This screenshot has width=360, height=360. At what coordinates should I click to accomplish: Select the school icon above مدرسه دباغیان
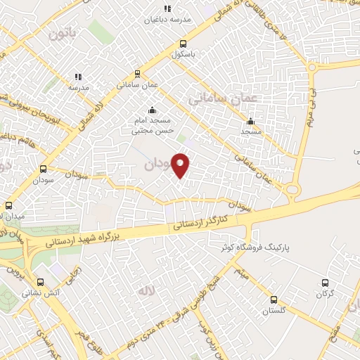pyautogui.click(x=167, y=8)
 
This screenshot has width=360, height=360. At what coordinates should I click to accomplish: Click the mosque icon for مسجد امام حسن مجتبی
pyautogui.click(x=153, y=110)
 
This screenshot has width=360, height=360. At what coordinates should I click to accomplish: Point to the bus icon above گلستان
pyautogui.click(x=274, y=300)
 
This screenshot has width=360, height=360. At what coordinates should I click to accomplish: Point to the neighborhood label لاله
pyautogui.click(x=146, y=290)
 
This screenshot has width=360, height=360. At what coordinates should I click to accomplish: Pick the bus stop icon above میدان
pyautogui.click(x=8, y=206)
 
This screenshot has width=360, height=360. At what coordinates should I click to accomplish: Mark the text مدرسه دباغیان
pyautogui.click(x=167, y=19)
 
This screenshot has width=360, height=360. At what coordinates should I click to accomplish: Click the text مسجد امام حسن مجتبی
pyautogui.click(x=153, y=126)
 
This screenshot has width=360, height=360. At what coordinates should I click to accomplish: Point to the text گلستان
pyautogui.click(x=274, y=310)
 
